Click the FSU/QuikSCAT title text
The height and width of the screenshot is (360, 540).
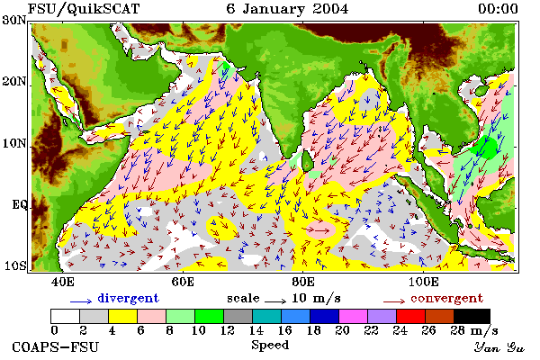(84, 9)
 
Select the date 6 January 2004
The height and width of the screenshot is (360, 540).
(287, 9)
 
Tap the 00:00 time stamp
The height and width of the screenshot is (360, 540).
(498, 9)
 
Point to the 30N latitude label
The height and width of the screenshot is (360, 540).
(13, 20)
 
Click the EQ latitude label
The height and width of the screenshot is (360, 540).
(19, 204)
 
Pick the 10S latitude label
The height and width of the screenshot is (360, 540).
(14, 265)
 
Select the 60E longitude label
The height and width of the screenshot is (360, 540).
(183, 282)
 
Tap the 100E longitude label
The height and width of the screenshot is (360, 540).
(424, 282)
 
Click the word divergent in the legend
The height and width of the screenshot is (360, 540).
(128, 298)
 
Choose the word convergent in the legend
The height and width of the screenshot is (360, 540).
(446, 298)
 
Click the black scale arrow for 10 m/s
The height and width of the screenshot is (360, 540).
(275, 301)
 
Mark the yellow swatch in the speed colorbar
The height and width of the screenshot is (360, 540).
(122, 316)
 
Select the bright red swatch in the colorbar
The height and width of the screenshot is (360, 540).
(410, 316)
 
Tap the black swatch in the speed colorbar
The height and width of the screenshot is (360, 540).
(472, 316)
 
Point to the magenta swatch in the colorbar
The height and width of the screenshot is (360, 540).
(353, 316)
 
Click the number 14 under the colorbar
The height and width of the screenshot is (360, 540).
(256, 330)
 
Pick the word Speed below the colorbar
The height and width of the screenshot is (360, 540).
(270, 346)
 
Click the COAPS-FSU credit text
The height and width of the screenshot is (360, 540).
(55, 346)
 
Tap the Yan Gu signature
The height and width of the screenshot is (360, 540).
(499, 347)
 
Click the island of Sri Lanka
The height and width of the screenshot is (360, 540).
(307, 161)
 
